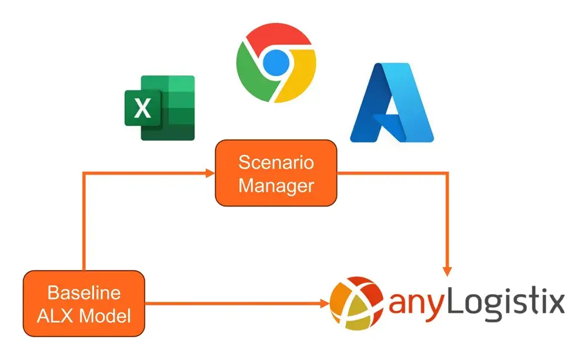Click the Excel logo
[159, 108]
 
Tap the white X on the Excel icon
[142, 109]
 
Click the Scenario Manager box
[276, 173]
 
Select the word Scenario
[276, 162]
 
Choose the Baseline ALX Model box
[84, 304]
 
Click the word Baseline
[84, 292]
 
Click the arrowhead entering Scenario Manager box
[211, 173]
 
